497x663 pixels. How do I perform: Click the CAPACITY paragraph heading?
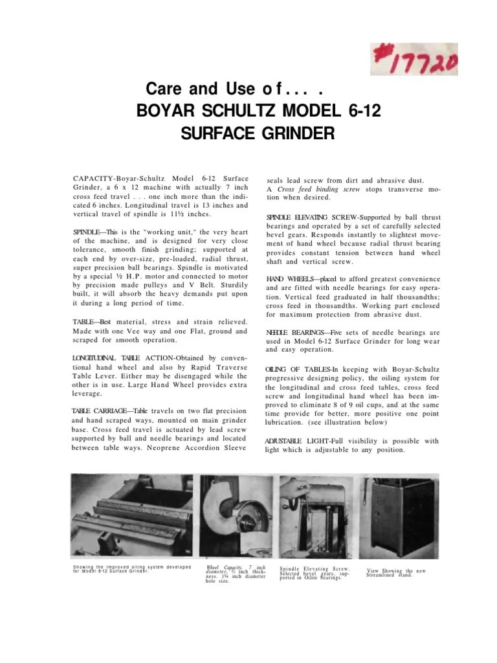[x=95, y=177]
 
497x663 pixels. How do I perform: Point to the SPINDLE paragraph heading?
[x=87, y=232]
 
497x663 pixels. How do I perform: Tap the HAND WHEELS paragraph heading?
[x=290, y=278]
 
